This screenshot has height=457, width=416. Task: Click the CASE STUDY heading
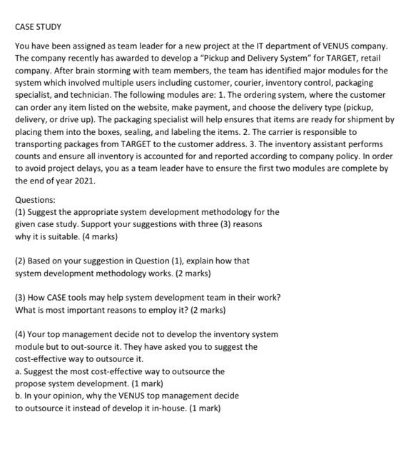click(x=39, y=27)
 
